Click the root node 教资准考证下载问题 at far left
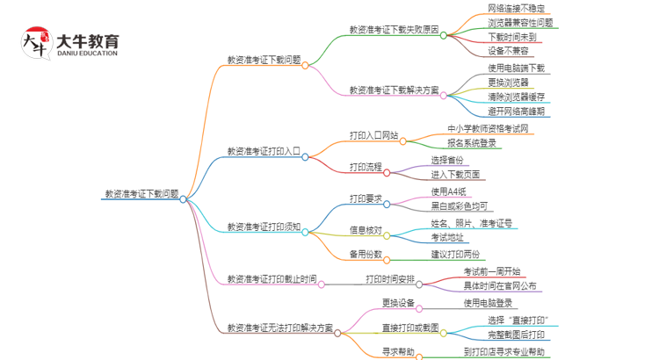[141, 195]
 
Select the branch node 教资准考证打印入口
[264, 151]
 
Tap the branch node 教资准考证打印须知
[264, 227]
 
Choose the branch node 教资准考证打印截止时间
[272, 279]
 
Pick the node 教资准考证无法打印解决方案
[280, 328]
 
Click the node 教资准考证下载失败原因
[394, 28]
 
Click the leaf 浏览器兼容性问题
[521, 23]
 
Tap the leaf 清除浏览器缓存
[517, 97]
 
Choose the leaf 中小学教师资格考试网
[488, 129]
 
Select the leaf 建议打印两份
[455, 255]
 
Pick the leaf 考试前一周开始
[492, 271]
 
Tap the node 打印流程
[366, 167]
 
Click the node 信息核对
[366, 230]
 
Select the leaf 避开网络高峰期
[517, 112]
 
